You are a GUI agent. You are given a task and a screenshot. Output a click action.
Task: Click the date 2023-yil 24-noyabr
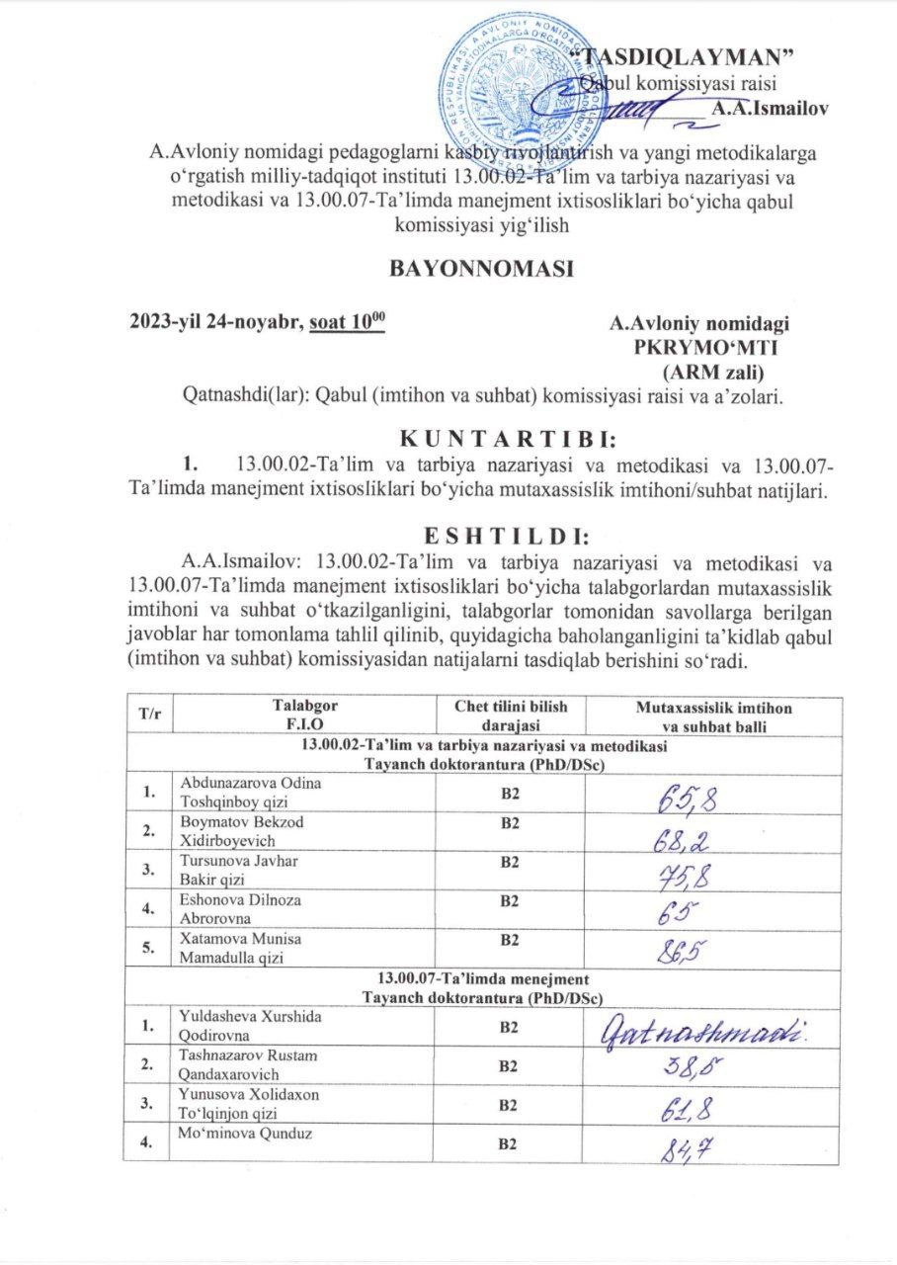[x=214, y=322]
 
